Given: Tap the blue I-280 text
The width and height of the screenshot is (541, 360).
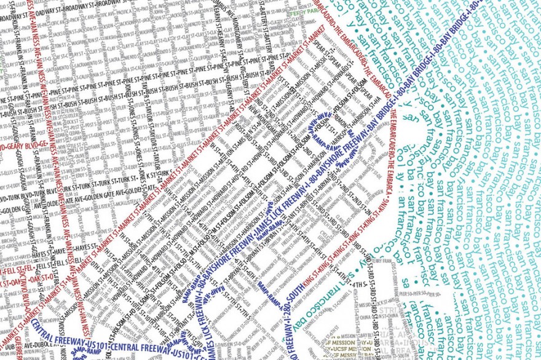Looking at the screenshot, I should (270, 280).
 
